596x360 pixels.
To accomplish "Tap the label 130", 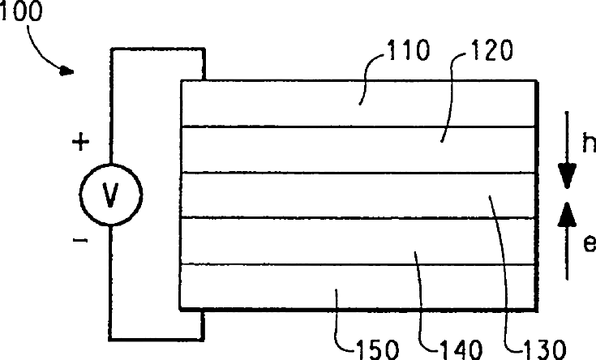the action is pyautogui.click(x=540, y=349).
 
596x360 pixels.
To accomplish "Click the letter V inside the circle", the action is pyautogui.click(x=112, y=195).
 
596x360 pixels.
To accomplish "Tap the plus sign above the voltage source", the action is pyautogui.click(x=80, y=144).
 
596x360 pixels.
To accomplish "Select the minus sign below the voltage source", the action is pyautogui.click(x=80, y=242).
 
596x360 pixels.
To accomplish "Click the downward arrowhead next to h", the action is pyautogui.click(x=568, y=176).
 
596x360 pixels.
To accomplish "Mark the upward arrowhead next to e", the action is pyautogui.click(x=568, y=213).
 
